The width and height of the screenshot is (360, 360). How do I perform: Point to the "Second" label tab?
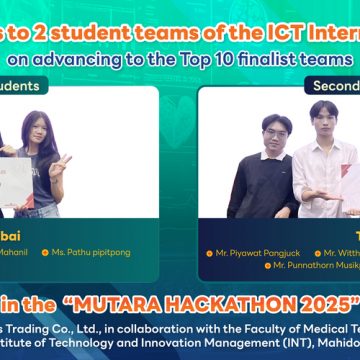(331, 86)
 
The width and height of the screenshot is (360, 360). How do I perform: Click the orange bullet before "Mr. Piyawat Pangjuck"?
(209, 254)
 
